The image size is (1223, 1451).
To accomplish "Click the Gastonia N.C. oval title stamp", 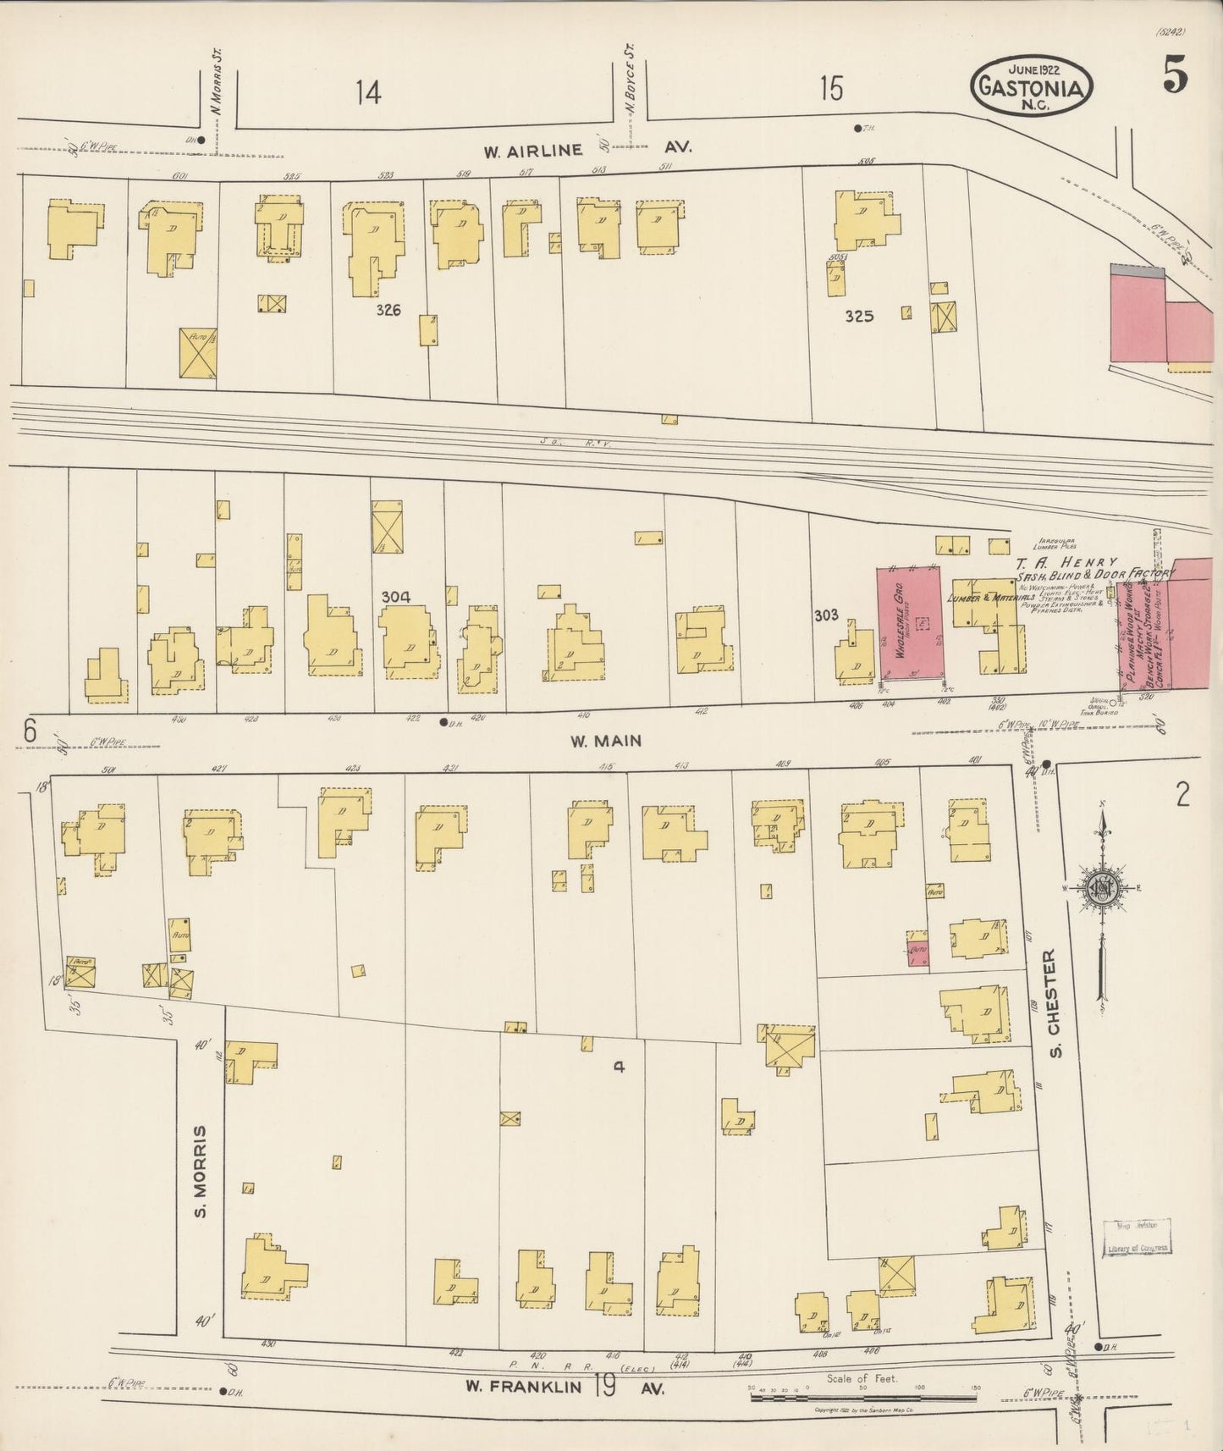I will pyautogui.click(x=1032, y=86).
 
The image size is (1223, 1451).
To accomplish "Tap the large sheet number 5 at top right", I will pyautogui.click(x=1175, y=77).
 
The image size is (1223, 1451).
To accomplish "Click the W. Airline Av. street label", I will pyautogui.click(x=587, y=149).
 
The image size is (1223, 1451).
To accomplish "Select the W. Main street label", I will pyautogui.click(x=605, y=741).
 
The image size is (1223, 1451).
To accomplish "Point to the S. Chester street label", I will pyautogui.click(x=1052, y=1004).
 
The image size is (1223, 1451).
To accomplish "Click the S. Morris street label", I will pyautogui.click(x=201, y=1172).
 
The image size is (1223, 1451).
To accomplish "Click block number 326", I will pyautogui.click(x=388, y=310).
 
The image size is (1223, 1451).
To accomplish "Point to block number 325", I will pyautogui.click(x=858, y=317).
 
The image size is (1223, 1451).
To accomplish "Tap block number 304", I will pyautogui.click(x=395, y=597).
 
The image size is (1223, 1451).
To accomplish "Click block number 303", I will pyautogui.click(x=826, y=615).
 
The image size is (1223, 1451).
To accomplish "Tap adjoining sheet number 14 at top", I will pyautogui.click(x=368, y=91).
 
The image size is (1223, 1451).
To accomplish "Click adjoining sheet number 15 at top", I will pyautogui.click(x=831, y=88).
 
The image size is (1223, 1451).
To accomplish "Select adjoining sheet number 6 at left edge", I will pyautogui.click(x=30, y=730).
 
